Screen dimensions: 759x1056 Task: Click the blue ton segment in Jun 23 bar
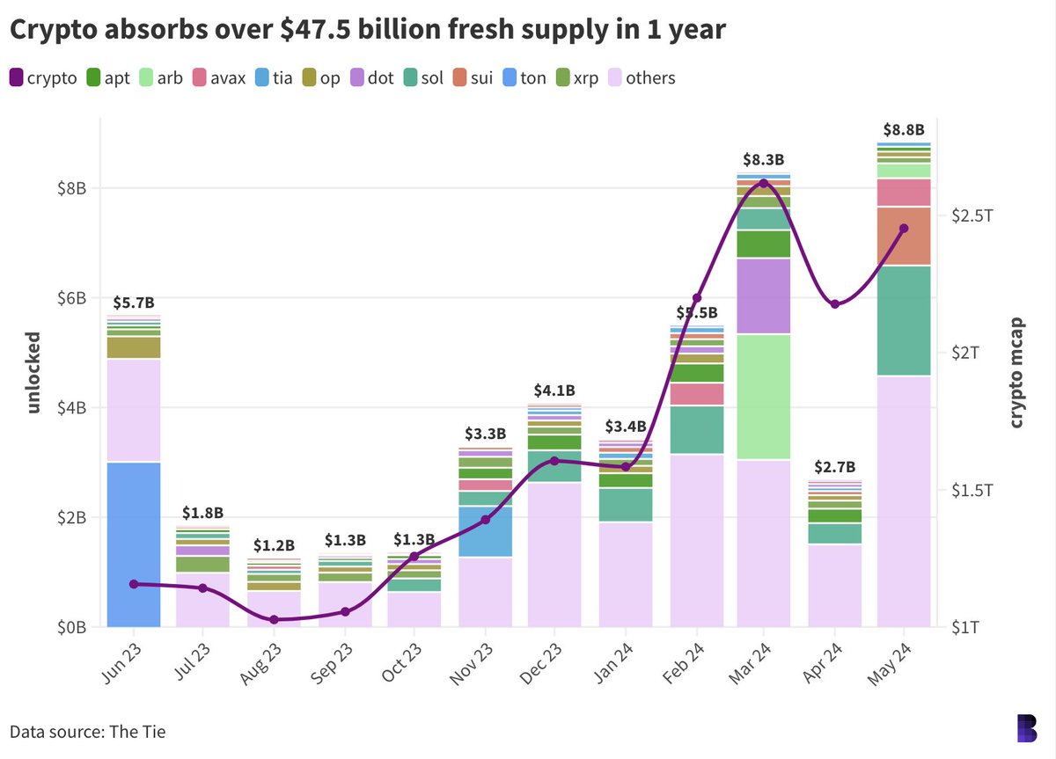[133, 544]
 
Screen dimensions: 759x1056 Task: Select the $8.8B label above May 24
[904, 129]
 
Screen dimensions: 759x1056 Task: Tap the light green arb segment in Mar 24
[764, 397]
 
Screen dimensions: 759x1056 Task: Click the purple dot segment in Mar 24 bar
[764, 296]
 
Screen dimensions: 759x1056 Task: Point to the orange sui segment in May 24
[904, 236]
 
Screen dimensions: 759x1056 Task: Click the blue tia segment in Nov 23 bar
[485, 531]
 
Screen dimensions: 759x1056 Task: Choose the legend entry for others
[649, 77]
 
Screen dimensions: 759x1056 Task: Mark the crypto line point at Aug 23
[274, 620]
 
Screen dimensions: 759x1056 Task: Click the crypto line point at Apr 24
[834, 304]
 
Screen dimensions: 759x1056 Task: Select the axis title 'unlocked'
[33, 372]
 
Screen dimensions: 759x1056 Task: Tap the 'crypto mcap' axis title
[1016, 372]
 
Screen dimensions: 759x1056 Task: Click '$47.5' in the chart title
[281, 30]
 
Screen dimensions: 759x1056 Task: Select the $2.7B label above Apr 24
[834, 466]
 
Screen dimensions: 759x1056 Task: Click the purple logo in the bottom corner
[1026, 729]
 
